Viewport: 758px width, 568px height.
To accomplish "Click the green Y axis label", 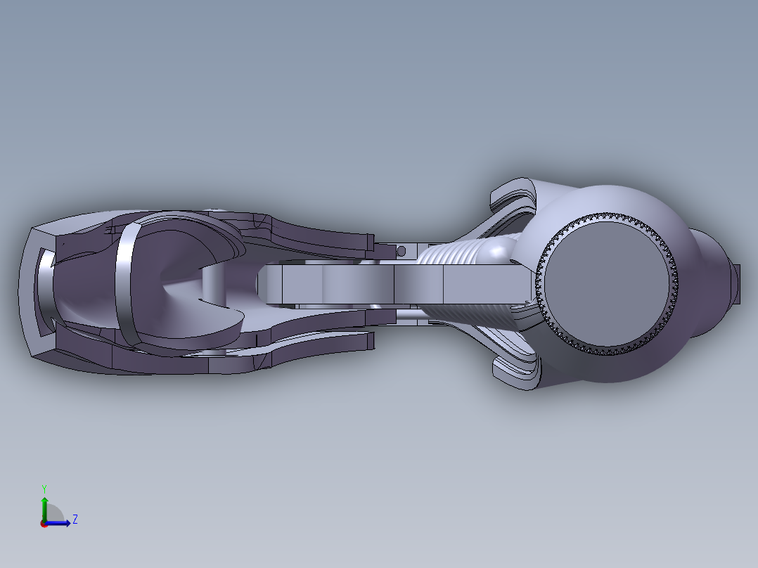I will tap(44, 488).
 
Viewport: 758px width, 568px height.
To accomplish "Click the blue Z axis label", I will tap(75, 519).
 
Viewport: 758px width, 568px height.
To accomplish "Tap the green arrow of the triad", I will tap(44, 505).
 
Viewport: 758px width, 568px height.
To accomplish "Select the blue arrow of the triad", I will tap(62, 523).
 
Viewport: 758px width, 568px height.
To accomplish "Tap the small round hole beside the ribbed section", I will tap(402, 250).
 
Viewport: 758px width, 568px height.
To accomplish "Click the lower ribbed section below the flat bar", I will tap(471, 316).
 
